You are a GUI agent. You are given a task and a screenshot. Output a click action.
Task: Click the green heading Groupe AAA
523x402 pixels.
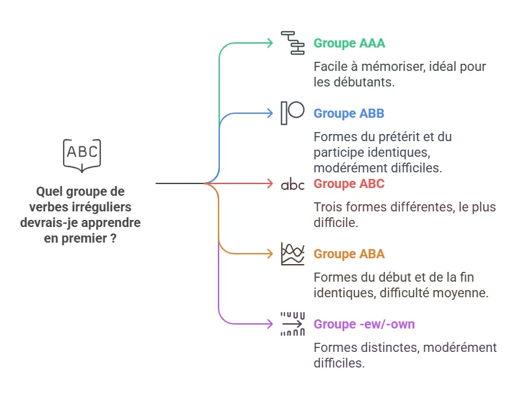349,44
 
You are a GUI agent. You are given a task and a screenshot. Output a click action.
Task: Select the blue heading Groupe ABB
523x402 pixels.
349,113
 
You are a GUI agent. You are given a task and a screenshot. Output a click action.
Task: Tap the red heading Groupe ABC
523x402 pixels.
349,183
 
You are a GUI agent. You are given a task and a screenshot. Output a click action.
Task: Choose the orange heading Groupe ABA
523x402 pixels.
349,254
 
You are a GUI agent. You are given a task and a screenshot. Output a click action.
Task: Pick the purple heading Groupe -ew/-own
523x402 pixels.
364,324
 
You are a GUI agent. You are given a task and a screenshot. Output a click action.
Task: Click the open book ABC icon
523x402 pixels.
82,155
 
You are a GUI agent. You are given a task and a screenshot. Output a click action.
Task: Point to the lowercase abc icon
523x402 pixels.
293,185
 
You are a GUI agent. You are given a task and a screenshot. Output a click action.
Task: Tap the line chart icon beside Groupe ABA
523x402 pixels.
293,254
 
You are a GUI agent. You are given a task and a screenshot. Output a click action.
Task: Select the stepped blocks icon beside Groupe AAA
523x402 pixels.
293,43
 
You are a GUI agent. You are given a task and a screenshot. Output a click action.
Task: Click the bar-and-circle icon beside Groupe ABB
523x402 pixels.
293,113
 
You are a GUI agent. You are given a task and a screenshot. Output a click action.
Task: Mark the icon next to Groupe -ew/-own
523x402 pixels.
293,324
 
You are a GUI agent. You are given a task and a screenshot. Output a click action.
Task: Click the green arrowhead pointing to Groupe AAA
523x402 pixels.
270,43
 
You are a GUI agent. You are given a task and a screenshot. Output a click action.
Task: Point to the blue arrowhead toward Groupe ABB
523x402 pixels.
270,113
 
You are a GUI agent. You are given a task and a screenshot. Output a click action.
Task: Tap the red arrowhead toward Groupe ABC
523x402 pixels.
270,183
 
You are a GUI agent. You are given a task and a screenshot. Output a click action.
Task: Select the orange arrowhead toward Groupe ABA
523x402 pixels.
270,254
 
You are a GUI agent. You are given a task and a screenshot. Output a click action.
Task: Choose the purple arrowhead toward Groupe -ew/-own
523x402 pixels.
270,324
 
